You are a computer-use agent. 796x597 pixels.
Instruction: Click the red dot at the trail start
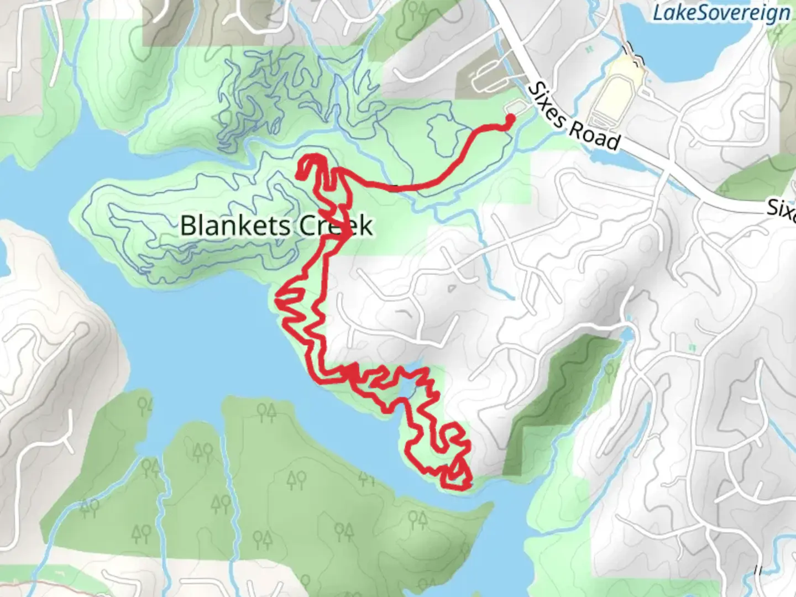510,118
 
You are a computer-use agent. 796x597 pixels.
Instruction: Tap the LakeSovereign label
721,13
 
